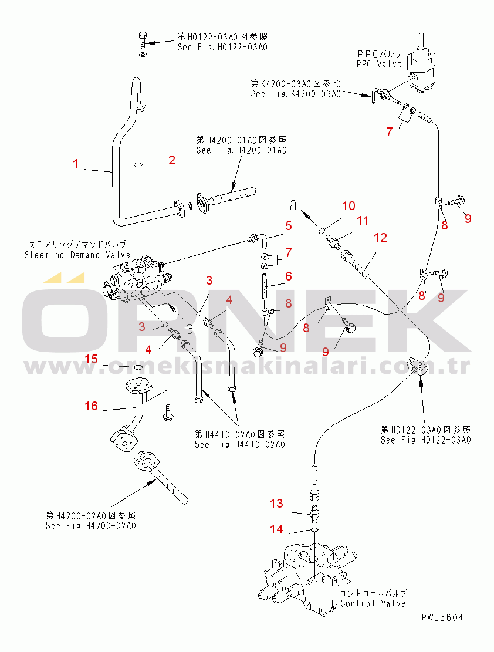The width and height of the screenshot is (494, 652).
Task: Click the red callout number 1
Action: [76, 164]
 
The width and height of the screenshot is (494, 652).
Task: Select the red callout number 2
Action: [171, 160]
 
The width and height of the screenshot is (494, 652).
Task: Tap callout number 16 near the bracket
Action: [92, 406]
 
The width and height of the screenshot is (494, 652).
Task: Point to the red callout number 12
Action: [381, 238]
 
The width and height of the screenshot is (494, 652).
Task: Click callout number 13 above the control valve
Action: [276, 503]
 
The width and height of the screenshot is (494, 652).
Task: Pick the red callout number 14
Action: [276, 529]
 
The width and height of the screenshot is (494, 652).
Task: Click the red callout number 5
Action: [289, 225]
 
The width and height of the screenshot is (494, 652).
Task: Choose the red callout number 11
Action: [363, 221]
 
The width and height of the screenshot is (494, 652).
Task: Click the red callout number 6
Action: [289, 275]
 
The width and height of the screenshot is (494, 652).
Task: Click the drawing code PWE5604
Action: [442, 617]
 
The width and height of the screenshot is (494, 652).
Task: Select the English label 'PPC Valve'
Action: [379, 64]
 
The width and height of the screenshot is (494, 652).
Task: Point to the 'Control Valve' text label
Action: [373, 603]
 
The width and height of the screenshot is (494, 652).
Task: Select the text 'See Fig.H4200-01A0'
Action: [241, 150]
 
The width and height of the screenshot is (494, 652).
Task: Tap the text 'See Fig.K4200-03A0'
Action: [295, 93]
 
